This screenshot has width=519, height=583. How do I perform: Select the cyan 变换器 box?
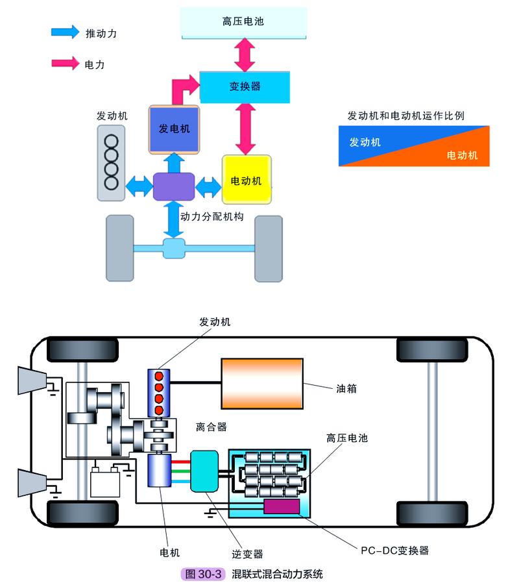(x=244, y=86)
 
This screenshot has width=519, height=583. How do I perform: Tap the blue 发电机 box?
(x=174, y=129)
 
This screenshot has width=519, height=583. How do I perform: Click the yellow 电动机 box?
(x=246, y=180)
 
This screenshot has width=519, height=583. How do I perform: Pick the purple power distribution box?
(x=174, y=186)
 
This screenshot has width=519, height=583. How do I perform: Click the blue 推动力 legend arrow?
(x=65, y=32)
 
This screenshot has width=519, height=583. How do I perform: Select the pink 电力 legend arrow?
(x=65, y=64)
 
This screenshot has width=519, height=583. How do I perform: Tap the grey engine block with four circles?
(x=112, y=162)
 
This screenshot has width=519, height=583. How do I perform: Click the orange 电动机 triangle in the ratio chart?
(x=454, y=153)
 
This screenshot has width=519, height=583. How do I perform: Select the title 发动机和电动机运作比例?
(x=405, y=116)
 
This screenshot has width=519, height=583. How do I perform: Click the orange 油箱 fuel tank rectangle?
(x=262, y=383)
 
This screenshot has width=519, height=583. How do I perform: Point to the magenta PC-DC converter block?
(x=282, y=506)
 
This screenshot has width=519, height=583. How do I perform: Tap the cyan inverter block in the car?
(x=205, y=470)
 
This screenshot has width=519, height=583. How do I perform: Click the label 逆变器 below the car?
(x=248, y=554)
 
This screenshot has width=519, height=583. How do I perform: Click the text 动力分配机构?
(x=212, y=217)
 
